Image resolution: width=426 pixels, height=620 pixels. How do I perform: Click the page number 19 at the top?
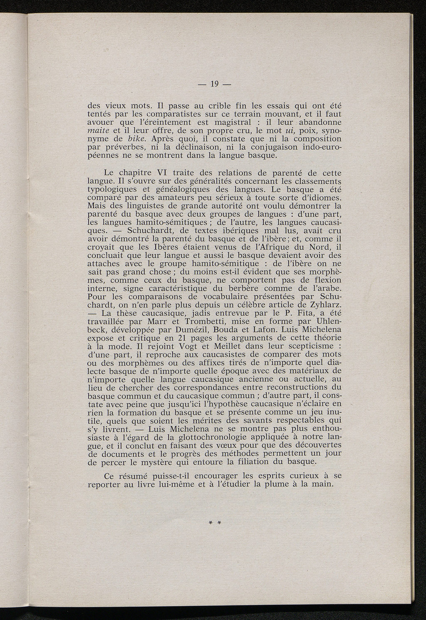coord(214,84)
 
